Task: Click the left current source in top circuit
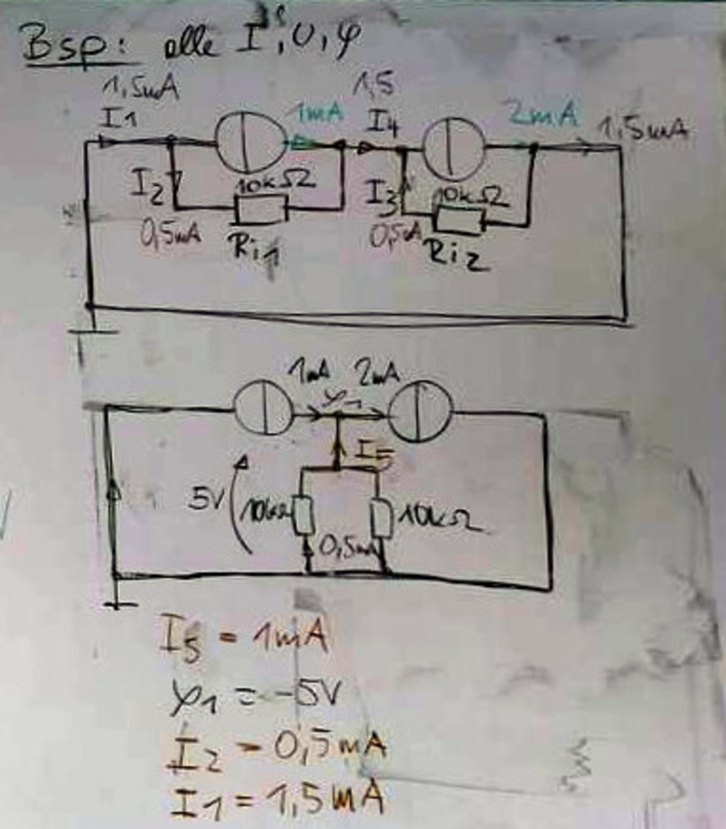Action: point(251,141)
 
